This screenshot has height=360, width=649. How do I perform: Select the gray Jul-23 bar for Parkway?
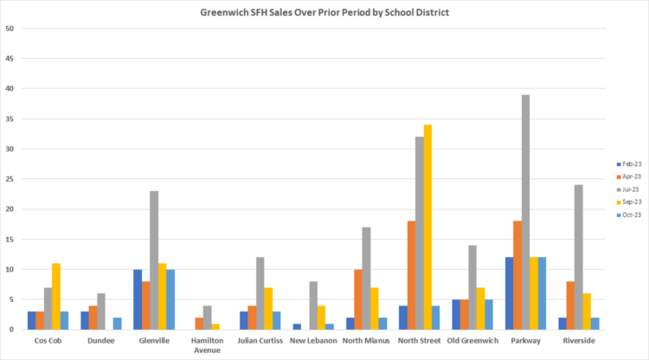click(525, 212)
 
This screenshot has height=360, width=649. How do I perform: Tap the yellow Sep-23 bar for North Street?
click(427, 227)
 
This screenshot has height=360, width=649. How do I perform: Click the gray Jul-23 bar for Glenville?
click(154, 260)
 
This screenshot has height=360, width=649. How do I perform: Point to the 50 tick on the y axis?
click(10, 29)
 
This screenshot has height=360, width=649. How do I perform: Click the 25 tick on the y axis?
click(10, 179)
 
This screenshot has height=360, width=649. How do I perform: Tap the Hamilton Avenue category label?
click(206, 345)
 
